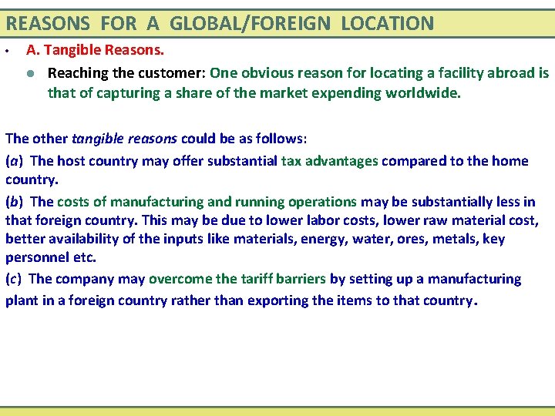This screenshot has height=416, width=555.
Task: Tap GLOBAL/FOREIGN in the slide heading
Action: point(249,23)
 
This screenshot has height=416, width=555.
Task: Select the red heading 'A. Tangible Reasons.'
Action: point(96,51)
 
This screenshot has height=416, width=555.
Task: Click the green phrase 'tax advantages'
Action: point(330,161)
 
